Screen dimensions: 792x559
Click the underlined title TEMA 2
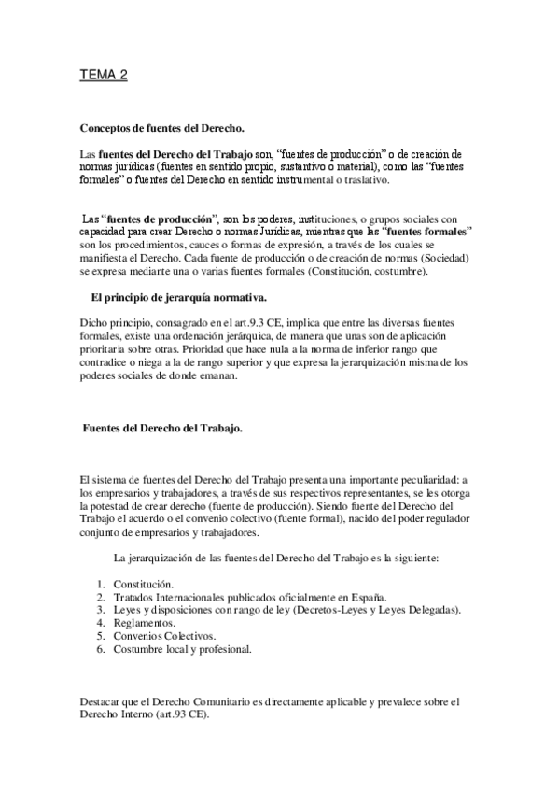[103, 77]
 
